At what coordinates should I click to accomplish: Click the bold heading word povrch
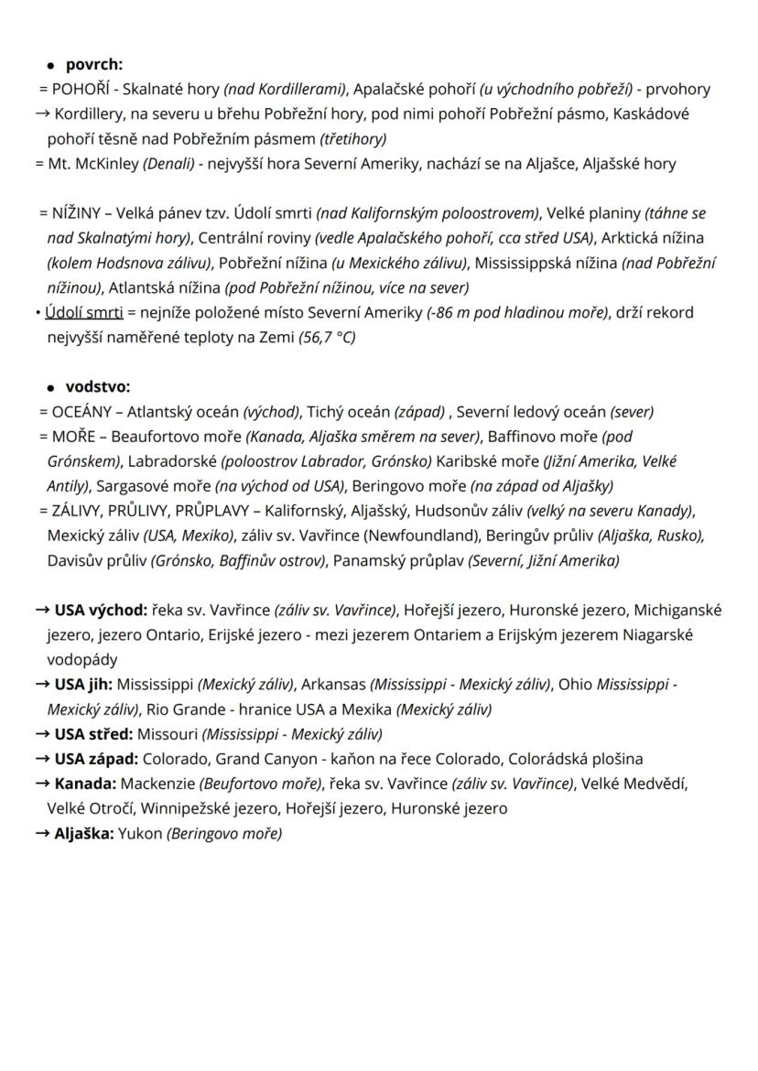click(x=93, y=65)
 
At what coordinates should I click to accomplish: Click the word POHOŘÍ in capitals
click(x=81, y=90)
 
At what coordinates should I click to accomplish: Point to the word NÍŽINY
click(x=78, y=213)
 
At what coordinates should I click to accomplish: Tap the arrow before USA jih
click(x=41, y=684)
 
